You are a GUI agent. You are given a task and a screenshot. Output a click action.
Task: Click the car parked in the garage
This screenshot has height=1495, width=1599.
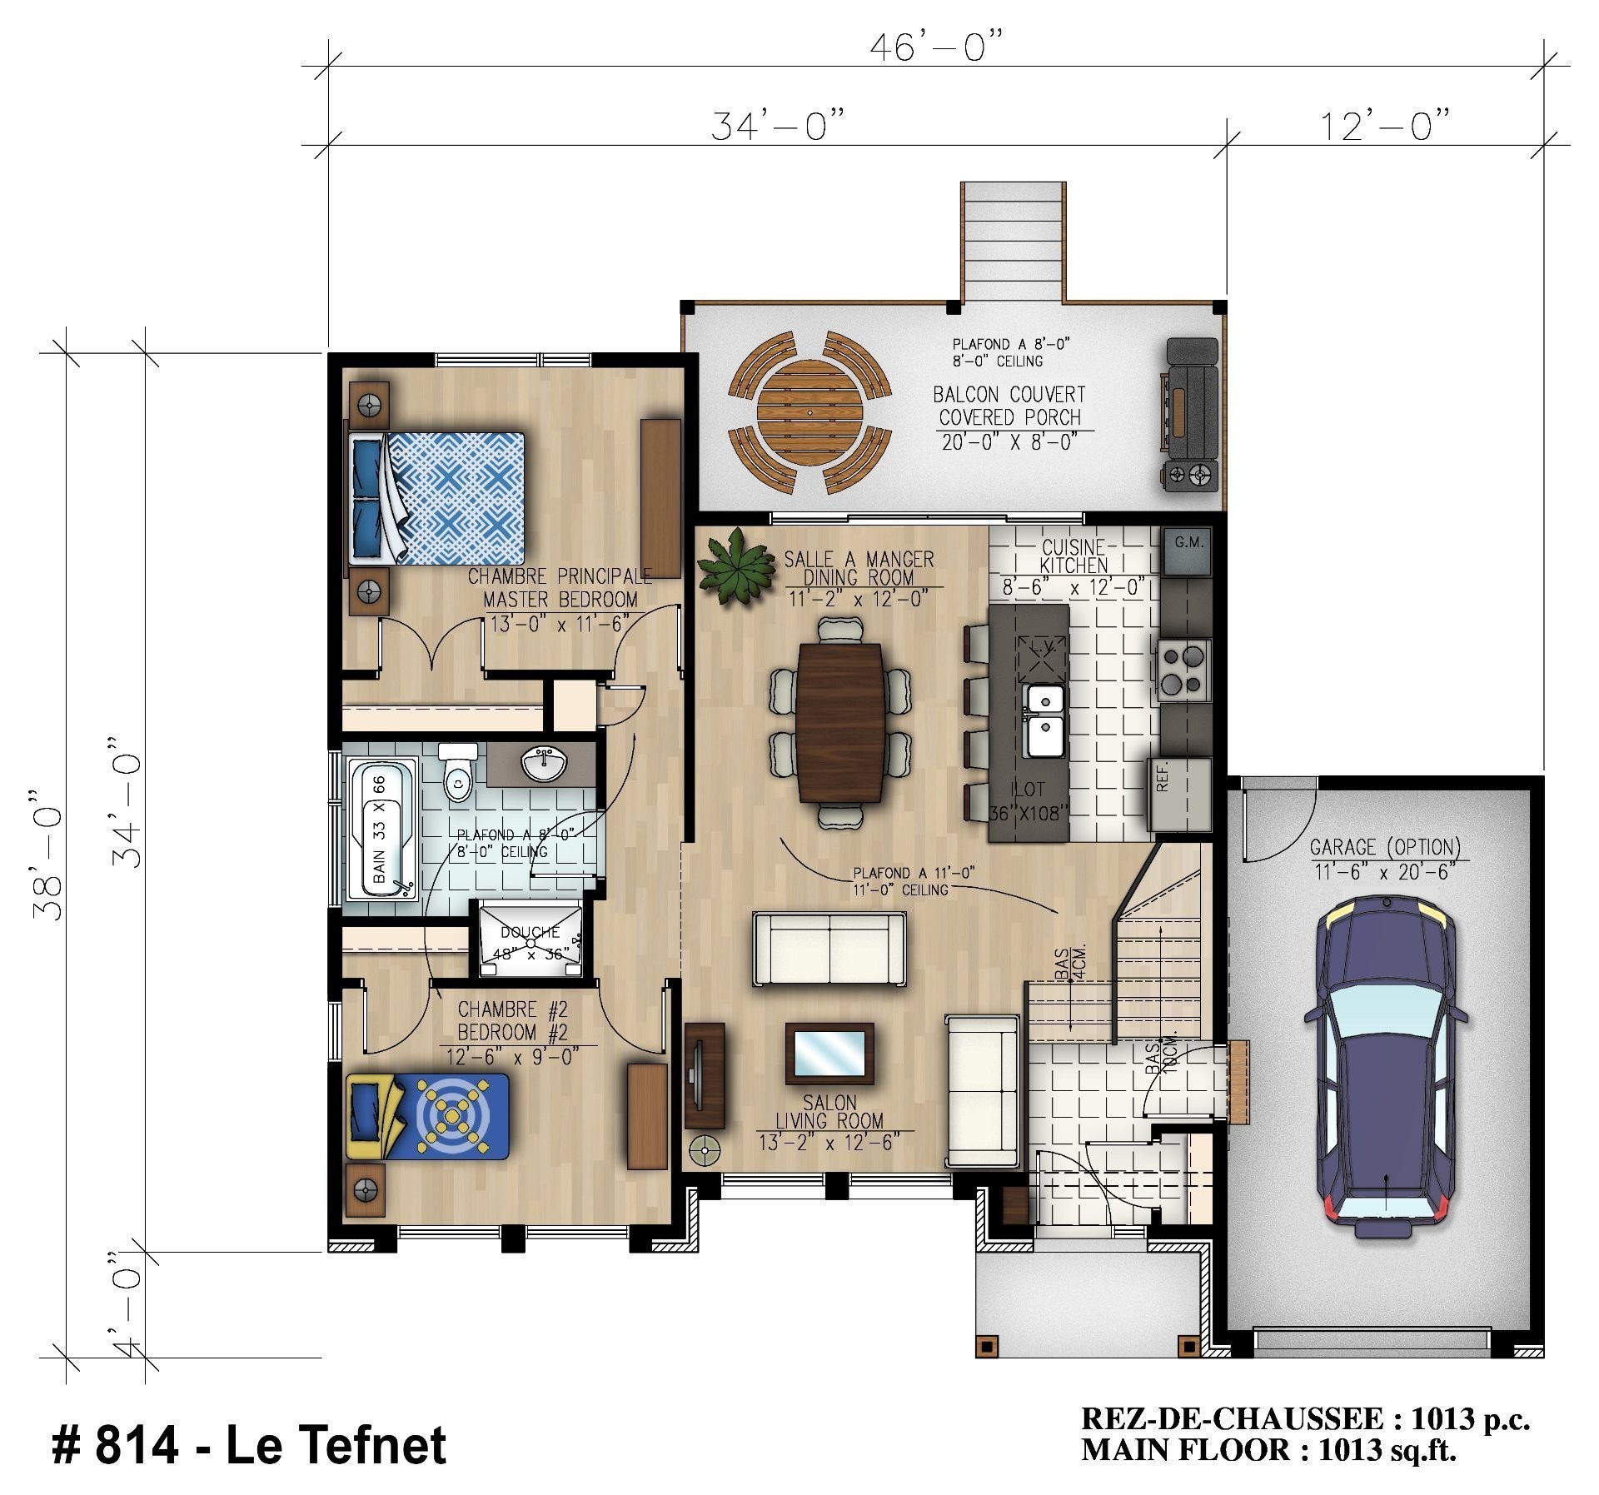pyautogui.click(x=1386, y=1067)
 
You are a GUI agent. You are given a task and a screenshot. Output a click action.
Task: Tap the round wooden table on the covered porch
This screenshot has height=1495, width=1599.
pyautogui.click(x=809, y=413)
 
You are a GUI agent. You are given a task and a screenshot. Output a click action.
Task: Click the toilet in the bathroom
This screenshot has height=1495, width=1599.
pyautogui.click(x=457, y=771)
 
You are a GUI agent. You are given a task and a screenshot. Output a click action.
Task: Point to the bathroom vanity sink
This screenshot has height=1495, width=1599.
pyautogui.click(x=543, y=763)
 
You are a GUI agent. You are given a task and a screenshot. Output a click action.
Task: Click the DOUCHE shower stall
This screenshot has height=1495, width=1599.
pyautogui.click(x=531, y=939)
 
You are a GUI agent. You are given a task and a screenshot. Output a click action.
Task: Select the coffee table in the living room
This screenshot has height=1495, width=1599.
pyautogui.click(x=829, y=1054)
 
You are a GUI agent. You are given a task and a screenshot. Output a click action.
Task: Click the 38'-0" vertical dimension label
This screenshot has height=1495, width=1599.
pyautogui.click(x=47, y=854)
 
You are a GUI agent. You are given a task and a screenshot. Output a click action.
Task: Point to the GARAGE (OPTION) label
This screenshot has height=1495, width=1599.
pyautogui.click(x=1385, y=847)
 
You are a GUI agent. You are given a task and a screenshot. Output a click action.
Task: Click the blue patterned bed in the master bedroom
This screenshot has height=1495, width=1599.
pyautogui.click(x=436, y=498)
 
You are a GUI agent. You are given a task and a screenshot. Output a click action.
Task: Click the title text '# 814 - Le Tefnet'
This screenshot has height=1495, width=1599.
pyautogui.click(x=249, y=1443)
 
